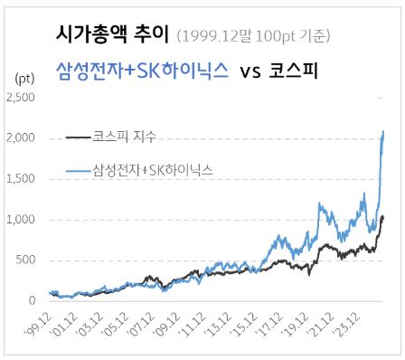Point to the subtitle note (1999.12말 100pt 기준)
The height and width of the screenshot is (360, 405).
click(254, 36)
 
